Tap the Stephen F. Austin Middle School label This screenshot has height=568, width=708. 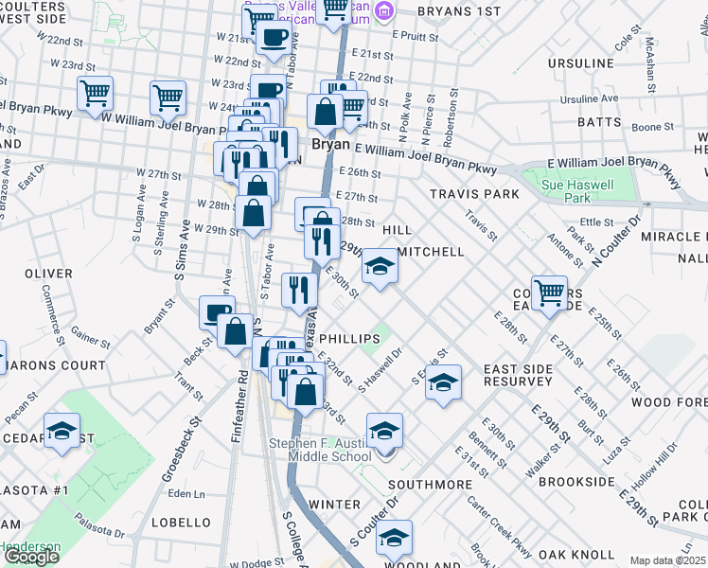click(320, 450)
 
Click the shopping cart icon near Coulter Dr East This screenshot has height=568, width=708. click(549, 293)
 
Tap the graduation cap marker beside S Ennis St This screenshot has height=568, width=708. click(443, 382)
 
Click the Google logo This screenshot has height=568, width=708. click(31, 557)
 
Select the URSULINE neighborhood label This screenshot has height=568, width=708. click(587, 63)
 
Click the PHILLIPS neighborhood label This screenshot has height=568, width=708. click(349, 338)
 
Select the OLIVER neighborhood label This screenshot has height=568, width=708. click(48, 274)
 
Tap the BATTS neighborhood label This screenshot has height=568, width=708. click(599, 123)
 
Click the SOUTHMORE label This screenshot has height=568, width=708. click(430, 484)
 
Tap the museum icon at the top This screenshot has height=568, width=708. click(384, 10)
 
